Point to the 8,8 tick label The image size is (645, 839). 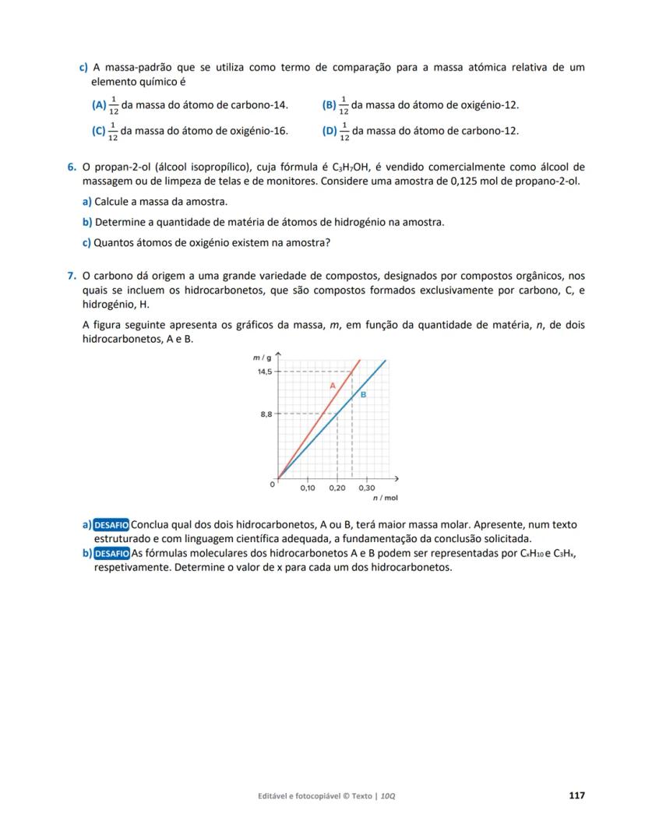pyautogui.click(x=266, y=414)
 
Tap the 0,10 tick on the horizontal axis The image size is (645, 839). pyautogui.click(x=308, y=488)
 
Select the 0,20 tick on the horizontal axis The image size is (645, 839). pyautogui.click(x=337, y=488)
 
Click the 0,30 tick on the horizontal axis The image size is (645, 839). pyautogui.click(x=366, y=488)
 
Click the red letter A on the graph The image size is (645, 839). pyautogui.click(x=332, y=386)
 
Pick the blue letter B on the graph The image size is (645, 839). pyautogui.click(x=362, y=395)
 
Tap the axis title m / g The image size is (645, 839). pyautogui.click(x=261, y=357)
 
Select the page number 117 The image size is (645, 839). pyautogui.click(x=576, y=795)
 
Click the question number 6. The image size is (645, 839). pyautogui.click(x=71, y=167)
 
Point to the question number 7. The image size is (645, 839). pyautogui.click(x=71, y=276)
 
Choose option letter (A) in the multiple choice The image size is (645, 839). pyautogui.click(x=99, y=105)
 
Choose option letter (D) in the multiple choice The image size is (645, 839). pyautogui.click(x=330, y=131)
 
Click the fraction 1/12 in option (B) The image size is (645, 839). pyautogui.click(x=344, y=105)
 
